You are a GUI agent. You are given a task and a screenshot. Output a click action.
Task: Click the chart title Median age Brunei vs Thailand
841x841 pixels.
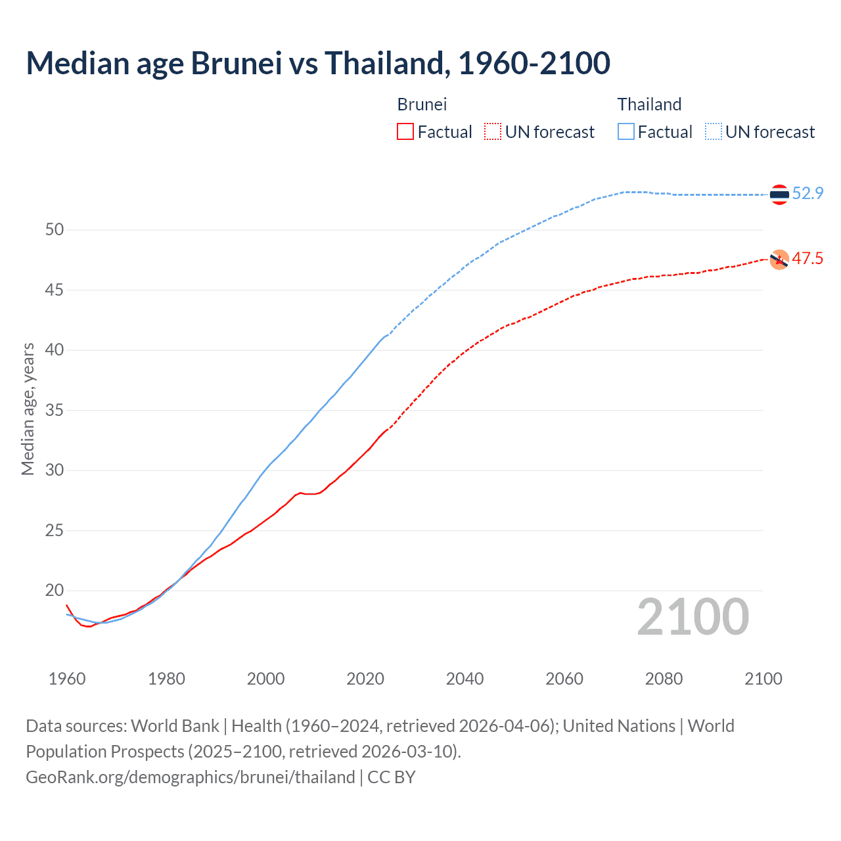(318, 63)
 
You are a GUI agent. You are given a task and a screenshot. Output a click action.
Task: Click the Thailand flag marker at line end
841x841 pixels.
(779, 194)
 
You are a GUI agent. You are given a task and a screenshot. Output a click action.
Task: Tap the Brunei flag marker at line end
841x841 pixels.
(779, 260)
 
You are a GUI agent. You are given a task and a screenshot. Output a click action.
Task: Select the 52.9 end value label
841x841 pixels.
(807, 193)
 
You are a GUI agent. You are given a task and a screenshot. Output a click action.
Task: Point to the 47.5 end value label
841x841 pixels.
(807, 258)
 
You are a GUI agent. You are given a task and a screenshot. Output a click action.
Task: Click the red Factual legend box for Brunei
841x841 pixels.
(405, 131)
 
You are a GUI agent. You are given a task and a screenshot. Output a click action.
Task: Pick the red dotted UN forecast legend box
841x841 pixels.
(493, 131)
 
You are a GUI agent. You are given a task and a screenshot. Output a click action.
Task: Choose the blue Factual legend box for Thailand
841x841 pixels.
(626, 131)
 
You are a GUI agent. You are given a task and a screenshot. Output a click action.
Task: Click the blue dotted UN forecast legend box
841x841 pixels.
(714, 131)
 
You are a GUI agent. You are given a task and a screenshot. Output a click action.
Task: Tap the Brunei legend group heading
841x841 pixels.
(422, 104)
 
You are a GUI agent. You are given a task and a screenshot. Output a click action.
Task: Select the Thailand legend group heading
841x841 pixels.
(649, 104)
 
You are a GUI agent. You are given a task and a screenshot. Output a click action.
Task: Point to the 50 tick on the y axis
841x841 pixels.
(55, 230)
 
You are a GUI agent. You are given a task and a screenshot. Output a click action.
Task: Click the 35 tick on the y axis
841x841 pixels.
(55, 411)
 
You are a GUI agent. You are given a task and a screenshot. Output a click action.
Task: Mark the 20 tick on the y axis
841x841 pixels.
(55, 591)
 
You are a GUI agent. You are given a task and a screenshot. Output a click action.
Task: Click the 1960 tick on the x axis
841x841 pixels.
(67, 679)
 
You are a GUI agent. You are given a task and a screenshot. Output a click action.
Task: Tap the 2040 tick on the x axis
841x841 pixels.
(465, 679)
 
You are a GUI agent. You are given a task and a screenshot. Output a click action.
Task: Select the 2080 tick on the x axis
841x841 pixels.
(664, 679)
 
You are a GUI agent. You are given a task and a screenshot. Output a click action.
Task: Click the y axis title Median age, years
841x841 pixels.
(28, 409)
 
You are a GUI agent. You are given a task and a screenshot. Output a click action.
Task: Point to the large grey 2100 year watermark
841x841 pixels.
(693, 616)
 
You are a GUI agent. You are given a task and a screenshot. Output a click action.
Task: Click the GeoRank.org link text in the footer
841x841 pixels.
(191, 777)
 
